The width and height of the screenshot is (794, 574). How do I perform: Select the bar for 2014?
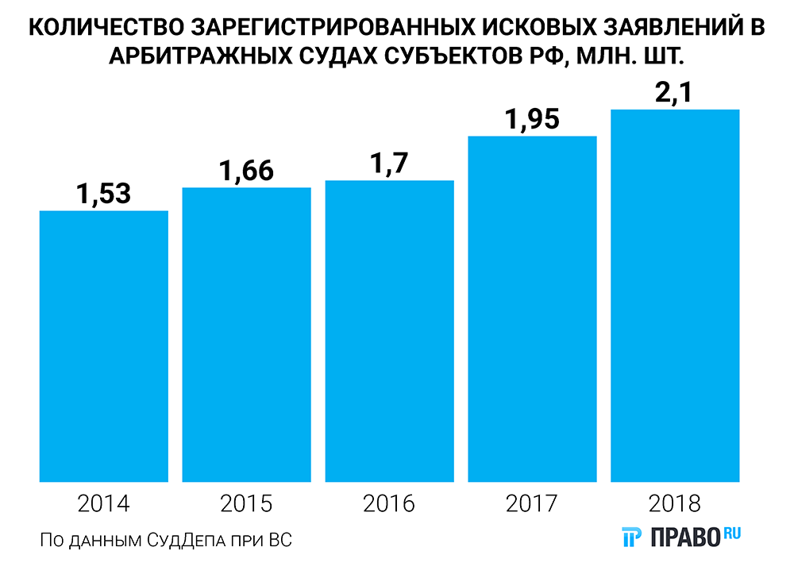pos(103,346)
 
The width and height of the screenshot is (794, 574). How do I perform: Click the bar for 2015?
pos(246,334)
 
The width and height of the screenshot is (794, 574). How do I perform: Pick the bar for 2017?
pos(532,309)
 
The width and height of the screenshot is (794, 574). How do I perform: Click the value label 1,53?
pos(103,193)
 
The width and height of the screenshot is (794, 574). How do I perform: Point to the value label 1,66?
pos(246,170)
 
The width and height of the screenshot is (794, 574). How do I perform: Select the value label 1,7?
pos(389,163)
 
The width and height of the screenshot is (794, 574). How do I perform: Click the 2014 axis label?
pos(103,503)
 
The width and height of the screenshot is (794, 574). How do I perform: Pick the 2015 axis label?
pos(246,503)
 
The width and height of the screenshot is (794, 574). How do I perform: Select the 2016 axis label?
pos(389,503)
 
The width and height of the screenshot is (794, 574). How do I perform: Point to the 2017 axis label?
pos(532,503)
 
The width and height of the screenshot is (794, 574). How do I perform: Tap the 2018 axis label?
pos(675,503)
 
